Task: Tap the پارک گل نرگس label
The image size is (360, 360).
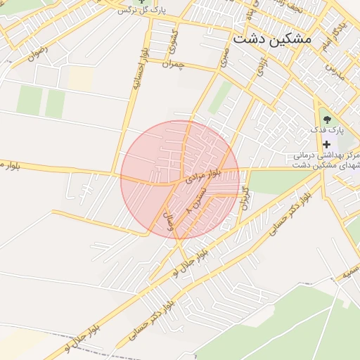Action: coord(124,10)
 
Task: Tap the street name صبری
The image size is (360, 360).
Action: coord(223,58)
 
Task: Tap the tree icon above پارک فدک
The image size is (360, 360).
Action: coord(326,119)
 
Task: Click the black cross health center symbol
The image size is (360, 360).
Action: coord(326,143)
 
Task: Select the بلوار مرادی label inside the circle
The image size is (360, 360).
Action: coord(203,173)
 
